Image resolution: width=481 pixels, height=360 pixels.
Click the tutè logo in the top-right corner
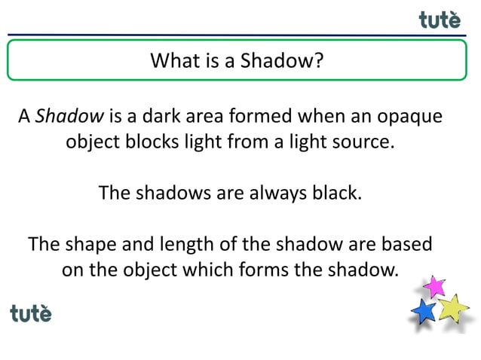coord(440,20)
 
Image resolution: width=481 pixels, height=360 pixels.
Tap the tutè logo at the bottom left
coord(31,313)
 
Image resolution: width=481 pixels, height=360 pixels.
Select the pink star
coord(434,286)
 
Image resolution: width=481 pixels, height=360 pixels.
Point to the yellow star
coord(453,308)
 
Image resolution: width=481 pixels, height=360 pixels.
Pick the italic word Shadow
coord(69,117)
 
